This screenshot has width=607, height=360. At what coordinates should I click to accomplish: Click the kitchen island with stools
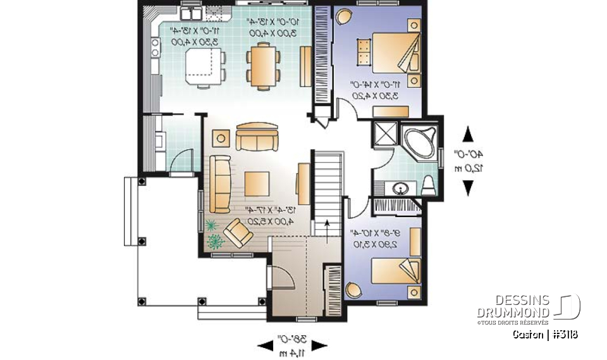pos(204,66)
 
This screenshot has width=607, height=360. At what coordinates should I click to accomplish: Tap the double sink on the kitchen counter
pos(191,13)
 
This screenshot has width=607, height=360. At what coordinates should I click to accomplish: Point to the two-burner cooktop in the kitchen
pos(155,47)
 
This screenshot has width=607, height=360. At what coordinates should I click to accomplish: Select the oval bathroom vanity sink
pos(400,188)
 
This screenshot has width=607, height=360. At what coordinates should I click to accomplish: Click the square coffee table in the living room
pos(258,182)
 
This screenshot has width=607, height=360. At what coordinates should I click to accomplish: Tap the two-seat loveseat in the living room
pos(256,137)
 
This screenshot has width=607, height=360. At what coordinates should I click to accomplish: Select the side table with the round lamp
pos(221,137)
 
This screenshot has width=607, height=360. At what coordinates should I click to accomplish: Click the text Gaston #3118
pos(545,334)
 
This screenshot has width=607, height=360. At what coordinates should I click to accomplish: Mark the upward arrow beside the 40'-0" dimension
pos(468,135)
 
